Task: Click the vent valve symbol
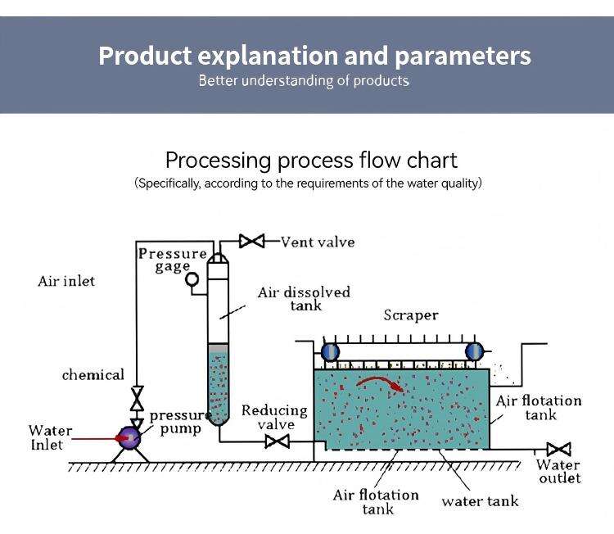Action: pyautogui.click(x=251, y=242)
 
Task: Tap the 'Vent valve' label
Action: pyautogui.click(x=318, y=242)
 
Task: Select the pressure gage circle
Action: pyautogui.click(x=193, y=279)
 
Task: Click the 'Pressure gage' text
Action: pyautogui.click(x=172, y=259)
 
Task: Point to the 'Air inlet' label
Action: pyautogui.click(x=66, y=281)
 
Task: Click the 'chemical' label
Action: pyautogui.click(x=93, y=375)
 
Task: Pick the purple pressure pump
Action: pyautogui.click(x=129, y=437)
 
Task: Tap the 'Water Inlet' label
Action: pyautogui.click(x=50, y=437)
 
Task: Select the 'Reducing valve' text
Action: pyautogui.click(x=274, y=417)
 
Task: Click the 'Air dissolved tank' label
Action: pyautogui.click(x=304, y=298)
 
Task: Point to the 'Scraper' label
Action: pyautogui.click(x=411, y=315)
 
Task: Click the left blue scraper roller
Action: pyautogui.click(x=329, y=351)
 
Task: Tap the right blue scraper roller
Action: pyautogui.click(x=474, y=351)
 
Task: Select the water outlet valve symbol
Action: pyautogui.click(x=558, y=449)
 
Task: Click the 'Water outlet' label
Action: pyautogui.click(x=558, y=472)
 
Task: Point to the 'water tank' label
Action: pyautogui.click(x=480, y=500)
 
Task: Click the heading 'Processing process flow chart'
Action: pyautogui.click(x=311, y=159)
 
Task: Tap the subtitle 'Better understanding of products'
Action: pyautogui.click(x=304, y=80)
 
